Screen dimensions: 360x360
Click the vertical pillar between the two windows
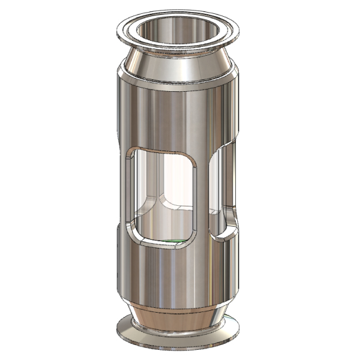coord(204,192)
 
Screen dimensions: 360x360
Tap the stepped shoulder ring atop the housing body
coord(178,79)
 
